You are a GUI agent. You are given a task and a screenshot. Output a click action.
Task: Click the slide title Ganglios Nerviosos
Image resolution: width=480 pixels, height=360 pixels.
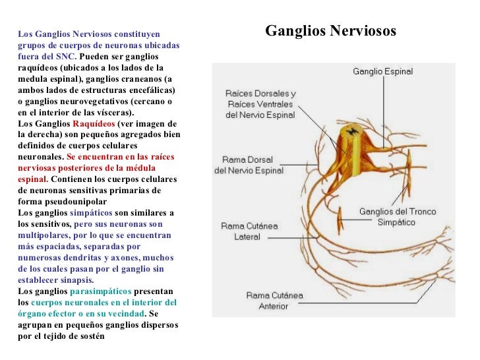click(330, 32)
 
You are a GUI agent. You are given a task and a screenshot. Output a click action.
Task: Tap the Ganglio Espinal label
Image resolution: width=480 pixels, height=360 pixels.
click(383, 71)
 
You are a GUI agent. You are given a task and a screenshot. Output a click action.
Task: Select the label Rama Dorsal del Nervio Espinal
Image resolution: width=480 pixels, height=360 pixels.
click(249, 165)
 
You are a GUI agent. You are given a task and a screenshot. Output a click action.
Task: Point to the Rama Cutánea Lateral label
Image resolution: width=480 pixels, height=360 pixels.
click(249, 231)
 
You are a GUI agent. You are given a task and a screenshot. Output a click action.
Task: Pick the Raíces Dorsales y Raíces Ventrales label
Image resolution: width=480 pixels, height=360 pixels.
click(260, 104)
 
